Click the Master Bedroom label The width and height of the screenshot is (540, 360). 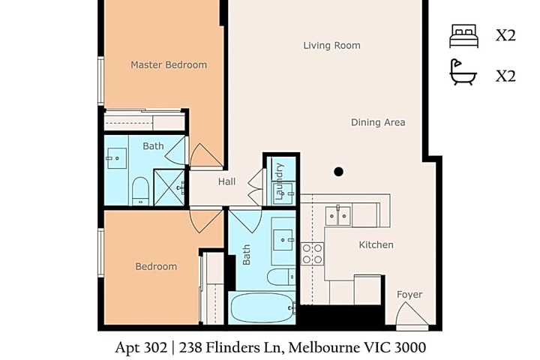(x=169, y=64)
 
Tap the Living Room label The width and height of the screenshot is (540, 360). (x=331, y=46)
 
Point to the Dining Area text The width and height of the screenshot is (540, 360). (x=378, y=122)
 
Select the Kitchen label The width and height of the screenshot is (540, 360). (x=376, y=244)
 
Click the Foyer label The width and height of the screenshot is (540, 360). (x=409, y=295)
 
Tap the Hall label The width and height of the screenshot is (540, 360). (x=227, y=181)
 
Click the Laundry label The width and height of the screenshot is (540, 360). (x=280, y=181)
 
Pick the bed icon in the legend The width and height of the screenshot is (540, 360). (x=464, y=36)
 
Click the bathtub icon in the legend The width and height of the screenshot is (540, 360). (x=463, y=72)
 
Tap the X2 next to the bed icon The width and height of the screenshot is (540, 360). (x=505, y=35)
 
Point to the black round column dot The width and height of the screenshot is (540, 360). (x=338, y=172)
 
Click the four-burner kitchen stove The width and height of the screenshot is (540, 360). (x=312, y=254)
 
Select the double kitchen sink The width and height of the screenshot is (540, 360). (x=338, y=216)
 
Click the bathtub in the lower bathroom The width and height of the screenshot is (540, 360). (x=262, y=307)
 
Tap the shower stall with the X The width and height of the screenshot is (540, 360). (x=169, y=187)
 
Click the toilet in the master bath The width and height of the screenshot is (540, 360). (x=140, y=190)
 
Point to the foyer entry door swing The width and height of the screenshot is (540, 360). (x=412, y=314)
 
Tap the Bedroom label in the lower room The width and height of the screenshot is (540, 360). (x=156, y=266)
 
